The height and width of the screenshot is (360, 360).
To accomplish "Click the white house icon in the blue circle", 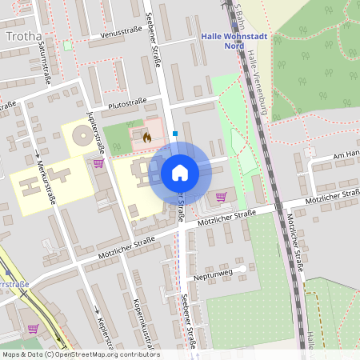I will coord(179,172).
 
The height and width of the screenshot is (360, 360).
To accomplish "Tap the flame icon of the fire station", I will coord(146,137).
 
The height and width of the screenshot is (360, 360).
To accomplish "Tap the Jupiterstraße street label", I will coord(99,131).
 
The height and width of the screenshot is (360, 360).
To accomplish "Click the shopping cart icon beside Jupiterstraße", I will coord(98,163).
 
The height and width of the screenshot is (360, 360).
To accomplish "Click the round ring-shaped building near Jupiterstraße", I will coord(82,137).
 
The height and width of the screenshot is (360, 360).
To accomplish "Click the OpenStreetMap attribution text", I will coord(80,354).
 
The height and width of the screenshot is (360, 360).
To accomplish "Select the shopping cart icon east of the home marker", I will coord(221,196).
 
